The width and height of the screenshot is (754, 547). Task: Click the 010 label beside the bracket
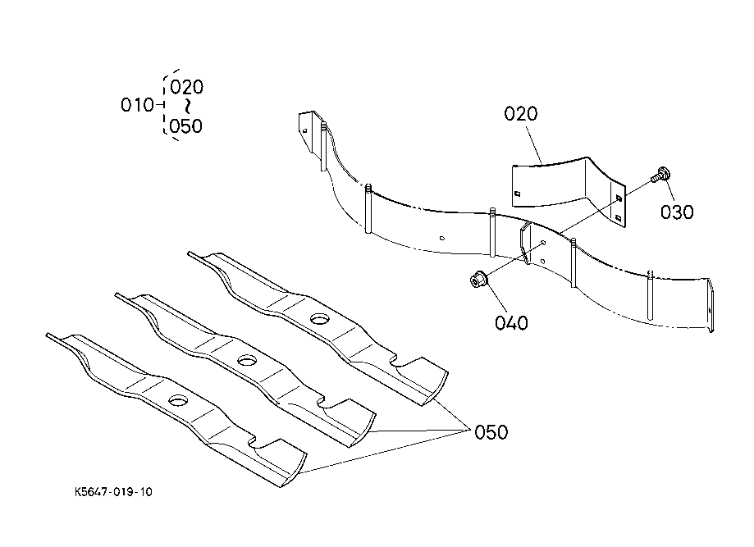point(137,105)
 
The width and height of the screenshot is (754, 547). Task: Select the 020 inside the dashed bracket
point(186,87)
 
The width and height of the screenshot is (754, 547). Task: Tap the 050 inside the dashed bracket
point(186,126)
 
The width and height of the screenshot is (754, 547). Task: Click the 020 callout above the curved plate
point(521,114)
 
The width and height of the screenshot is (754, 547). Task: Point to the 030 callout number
point(677,212)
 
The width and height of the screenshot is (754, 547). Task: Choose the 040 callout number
point(511,322)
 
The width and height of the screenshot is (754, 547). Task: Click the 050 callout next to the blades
point(491,432)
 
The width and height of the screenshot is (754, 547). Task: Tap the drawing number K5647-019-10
point(113,492)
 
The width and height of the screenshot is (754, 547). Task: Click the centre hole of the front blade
point(178,400)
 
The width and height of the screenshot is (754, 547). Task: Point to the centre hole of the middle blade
point(247,359)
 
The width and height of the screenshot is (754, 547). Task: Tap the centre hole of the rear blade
point(319,318)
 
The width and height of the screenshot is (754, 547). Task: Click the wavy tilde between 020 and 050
point(188,107)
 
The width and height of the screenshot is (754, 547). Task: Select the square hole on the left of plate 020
point(518,194)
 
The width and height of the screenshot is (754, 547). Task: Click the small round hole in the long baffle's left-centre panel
point(442,238)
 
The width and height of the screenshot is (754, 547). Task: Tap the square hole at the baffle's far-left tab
point(305,130)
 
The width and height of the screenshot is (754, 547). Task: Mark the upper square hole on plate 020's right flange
point(619,198)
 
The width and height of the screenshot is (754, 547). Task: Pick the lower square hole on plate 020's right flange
point(619,218)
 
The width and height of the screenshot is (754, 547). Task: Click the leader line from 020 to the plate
point(534,144)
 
